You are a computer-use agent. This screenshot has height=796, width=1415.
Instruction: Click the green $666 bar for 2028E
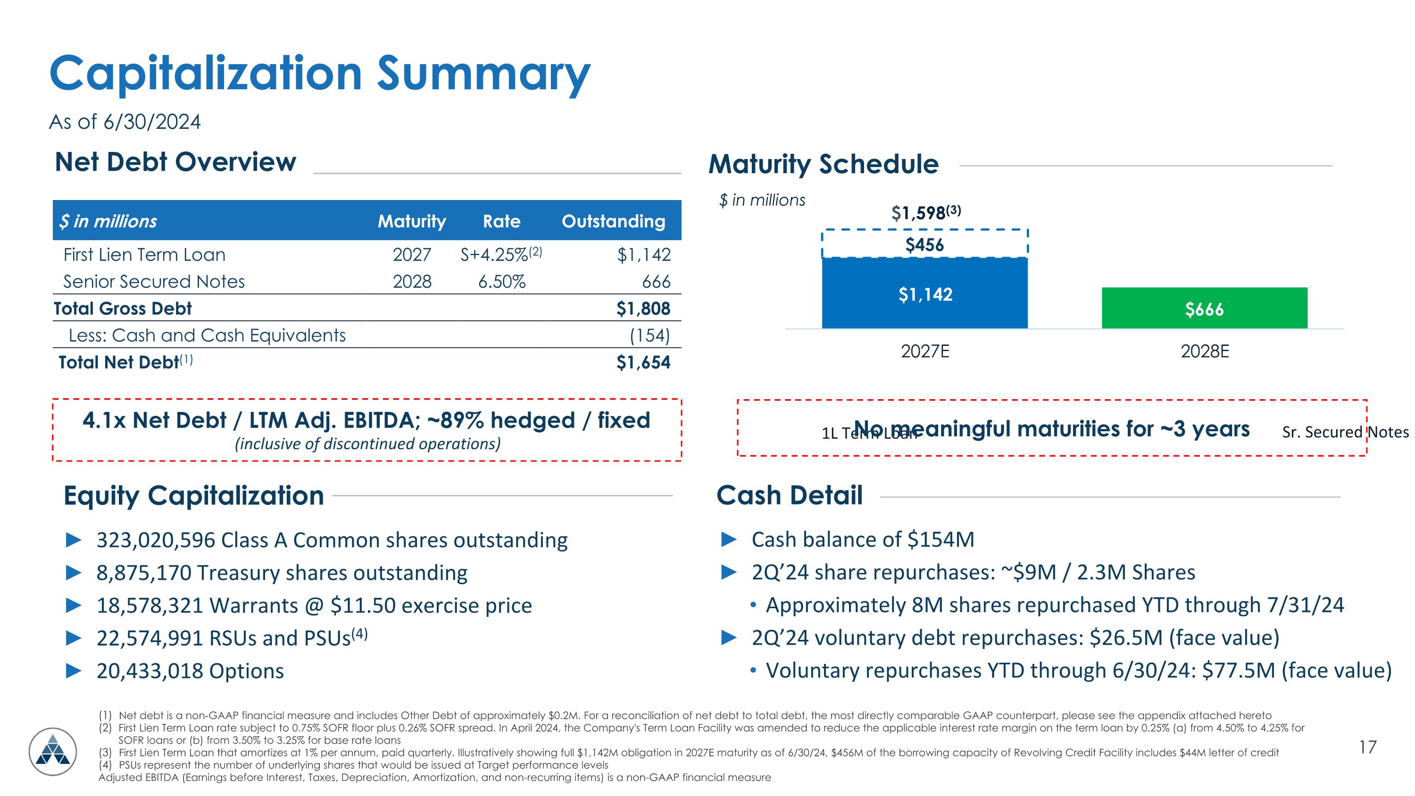click(x=1204, y=308)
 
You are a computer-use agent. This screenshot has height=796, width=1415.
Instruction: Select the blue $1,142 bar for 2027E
click(x=924, y=293)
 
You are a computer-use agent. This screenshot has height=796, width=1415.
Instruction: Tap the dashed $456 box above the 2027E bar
click(x=924, y=244)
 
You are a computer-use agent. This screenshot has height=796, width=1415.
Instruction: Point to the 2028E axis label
click(x=1205, y=351)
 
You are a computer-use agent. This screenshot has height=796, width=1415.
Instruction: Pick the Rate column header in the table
click(x=501, y=221)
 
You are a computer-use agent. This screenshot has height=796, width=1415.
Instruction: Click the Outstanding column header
click(x=613, y=221)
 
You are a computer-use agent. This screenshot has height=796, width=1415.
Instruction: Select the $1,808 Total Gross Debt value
click(x=643, y=308)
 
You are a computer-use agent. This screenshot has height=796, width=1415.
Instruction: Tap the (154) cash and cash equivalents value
click(x=649, y=335)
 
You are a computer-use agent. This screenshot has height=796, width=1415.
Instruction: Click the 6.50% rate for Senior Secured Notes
click(x=501, y=282)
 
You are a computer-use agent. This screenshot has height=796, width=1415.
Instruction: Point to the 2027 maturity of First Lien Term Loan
click(x=411, y=255)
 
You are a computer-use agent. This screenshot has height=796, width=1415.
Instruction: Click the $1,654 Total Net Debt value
click(x=643, y=362)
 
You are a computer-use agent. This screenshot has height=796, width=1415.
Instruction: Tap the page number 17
click(x=1368, y=747)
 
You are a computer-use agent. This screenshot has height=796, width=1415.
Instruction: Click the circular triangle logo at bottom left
click(x=53, y=751)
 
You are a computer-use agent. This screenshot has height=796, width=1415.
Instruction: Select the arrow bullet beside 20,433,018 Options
click(x=74, y=671)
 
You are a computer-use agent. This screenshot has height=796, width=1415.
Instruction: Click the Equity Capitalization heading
click(x=194, y=495)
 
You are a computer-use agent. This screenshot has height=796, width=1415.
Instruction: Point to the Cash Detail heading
click(x=790, y=495)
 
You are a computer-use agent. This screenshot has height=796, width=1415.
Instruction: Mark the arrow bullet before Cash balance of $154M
click(x=728, y=539)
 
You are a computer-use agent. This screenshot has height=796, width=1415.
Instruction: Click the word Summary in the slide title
click(x=483, y=74)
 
